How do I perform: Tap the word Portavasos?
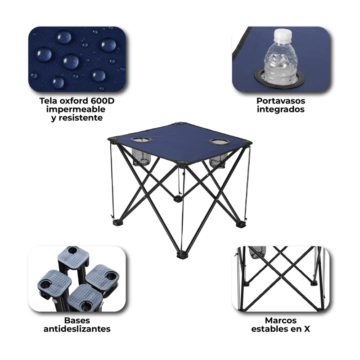click(281, 101)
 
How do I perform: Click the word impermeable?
click(76, 109)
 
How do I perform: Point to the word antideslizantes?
click(77, 329)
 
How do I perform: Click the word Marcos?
click(281, 320)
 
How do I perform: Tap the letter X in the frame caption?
click(307, 329)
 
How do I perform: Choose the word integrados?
click(281, 109)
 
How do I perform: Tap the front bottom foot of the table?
click(182, 255)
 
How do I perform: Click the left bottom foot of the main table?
click(118, 222)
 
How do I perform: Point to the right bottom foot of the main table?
click(241, 224)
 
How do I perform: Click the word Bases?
click(77, 320)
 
